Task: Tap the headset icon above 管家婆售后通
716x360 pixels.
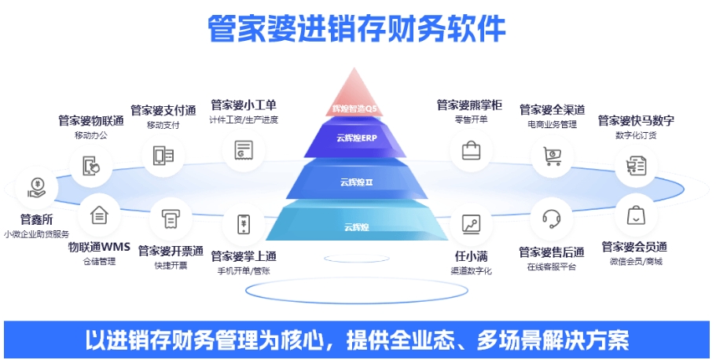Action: [x=551, y=219]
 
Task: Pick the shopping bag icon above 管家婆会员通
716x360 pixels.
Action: [x=635, y=215]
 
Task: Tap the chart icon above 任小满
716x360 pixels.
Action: [x=472, y=224]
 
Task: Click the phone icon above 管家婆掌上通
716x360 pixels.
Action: [x=244, y=224]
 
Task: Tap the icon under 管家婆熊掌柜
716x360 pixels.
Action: [x=471, y=149]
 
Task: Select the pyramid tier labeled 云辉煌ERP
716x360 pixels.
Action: [x=358, y=138]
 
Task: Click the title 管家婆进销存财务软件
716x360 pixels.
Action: [x=357, y=29]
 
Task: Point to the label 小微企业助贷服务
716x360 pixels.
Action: [x=37, y=233]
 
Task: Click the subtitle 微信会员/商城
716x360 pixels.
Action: [x=636, y=261]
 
